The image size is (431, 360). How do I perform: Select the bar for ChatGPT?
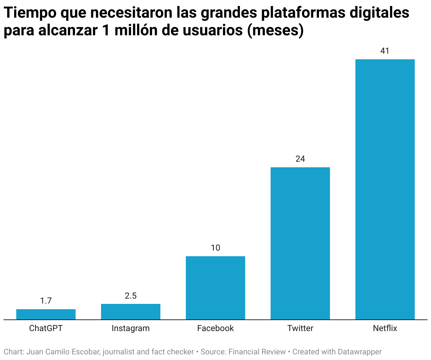[46, 314]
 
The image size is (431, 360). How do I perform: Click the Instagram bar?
[131, 312]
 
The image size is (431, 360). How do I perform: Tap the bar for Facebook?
[215, 288]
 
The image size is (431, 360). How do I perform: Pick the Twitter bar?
[300, 244]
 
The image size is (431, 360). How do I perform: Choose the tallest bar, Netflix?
[385, 190]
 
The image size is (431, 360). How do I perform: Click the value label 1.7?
[46, 301]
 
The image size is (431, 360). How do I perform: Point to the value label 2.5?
[131, 296]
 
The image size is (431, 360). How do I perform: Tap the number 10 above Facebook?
[215, 248]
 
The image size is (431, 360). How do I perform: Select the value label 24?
[300, 159]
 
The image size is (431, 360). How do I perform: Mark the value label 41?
[385, 51]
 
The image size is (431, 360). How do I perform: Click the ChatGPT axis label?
[46, 328]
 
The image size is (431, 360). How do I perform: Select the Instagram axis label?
[131, 328]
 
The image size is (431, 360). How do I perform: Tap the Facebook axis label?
[215, 328]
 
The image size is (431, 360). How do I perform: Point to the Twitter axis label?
[300, 328]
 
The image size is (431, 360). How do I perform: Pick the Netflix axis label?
[385, 328]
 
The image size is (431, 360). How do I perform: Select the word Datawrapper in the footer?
[360, 352]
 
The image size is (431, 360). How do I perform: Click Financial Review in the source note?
[257, 352]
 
